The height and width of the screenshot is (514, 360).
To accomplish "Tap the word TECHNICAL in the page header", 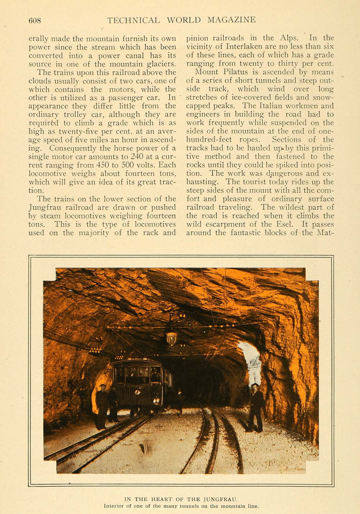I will click(133, 20).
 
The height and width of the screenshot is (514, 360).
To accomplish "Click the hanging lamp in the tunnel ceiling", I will click(171, 337).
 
